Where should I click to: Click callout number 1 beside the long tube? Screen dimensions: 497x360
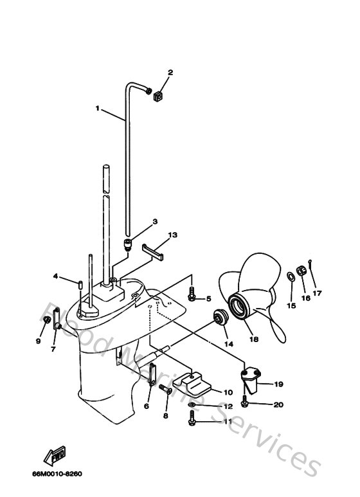coord(98,109)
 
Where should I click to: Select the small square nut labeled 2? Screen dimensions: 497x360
coord(157,96)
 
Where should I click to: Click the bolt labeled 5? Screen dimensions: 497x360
coord(192,297)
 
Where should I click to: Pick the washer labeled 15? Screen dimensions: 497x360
coord(290,277)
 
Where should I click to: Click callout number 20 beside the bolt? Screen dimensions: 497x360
coord(278,404)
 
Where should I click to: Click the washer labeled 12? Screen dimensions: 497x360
coord(194,405)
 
